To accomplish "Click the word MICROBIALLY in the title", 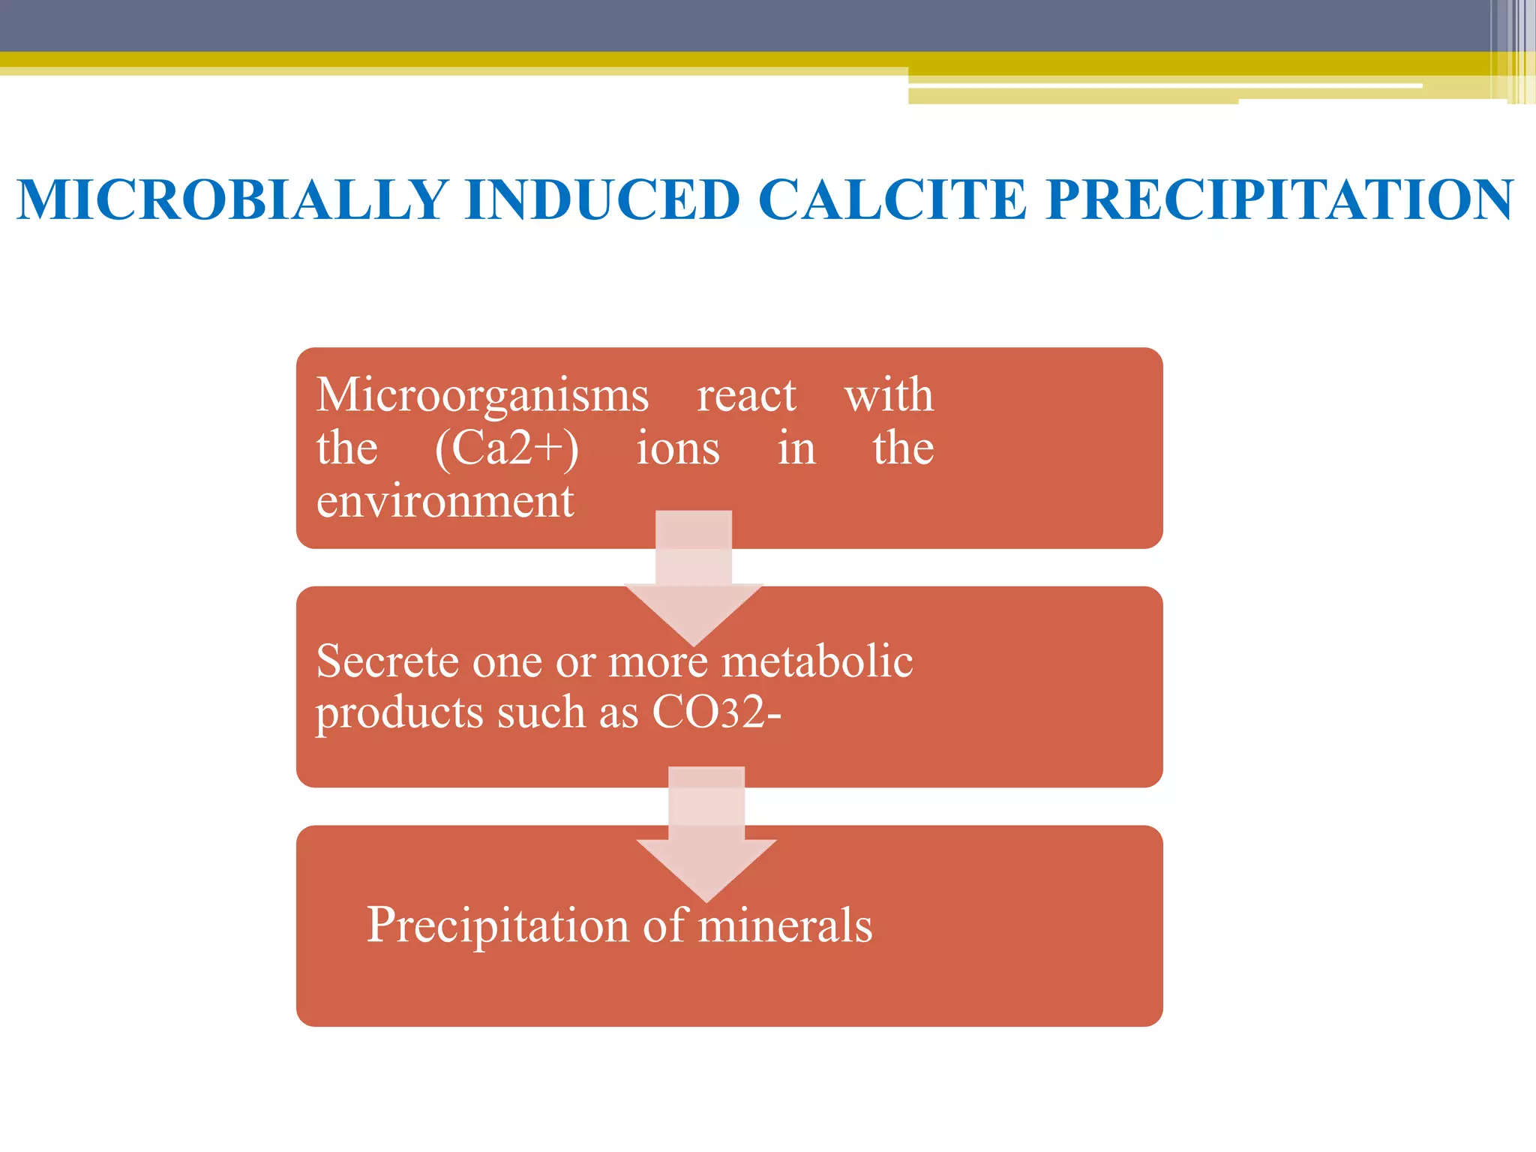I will (232, 200).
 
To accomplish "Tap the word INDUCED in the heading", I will (602, 200).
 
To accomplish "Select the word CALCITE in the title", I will (892, 200).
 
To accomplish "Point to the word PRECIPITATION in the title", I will (1279, 200).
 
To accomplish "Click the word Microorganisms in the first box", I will (482, 395).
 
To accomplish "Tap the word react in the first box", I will (746, 395).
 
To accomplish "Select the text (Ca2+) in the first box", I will (507, 448).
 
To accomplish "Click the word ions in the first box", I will (678, 448).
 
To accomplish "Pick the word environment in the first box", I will (445, 501).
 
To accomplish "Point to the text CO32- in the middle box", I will (716, 712).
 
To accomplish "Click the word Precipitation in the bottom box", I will (496, 925).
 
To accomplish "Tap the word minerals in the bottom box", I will (785, 925).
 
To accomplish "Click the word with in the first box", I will (889, 395).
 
